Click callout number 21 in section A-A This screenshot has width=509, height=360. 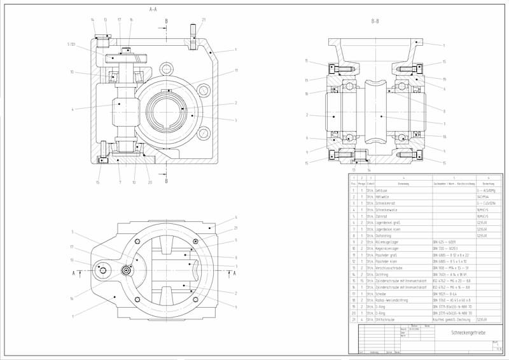click(x=203, y=20)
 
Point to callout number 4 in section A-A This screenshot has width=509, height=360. click(x=73, y=109)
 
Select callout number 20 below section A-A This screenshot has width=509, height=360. click(x=150, y=183)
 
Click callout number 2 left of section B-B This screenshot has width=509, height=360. click(x=307, y=115)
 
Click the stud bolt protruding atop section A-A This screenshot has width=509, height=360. click(x=192, y=30)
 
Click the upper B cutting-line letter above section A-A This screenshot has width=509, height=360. click(x=166, y=21)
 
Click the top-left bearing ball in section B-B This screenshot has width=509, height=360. click(x=348, y=85)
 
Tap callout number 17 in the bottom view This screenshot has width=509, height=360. click(x=73, y=247)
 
